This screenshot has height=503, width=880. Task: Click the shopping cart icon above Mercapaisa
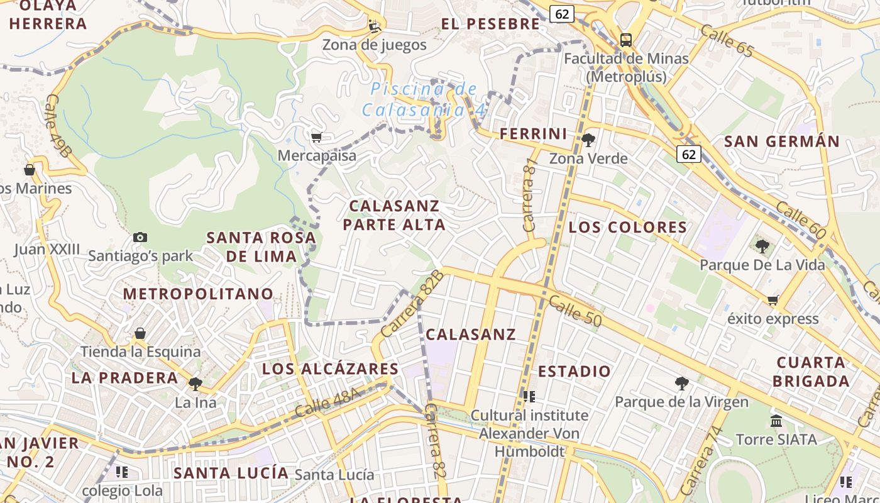pos(316,137)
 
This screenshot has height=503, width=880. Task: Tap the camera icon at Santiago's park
pos(140,237)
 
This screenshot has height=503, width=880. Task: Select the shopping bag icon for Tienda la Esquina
pos(140,333)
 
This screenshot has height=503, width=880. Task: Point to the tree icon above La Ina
pos(195,384)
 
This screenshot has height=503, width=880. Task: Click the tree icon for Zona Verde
pos(588,140)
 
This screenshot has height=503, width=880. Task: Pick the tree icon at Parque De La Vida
pos(762,246)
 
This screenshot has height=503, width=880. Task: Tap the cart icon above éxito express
pos(773,300)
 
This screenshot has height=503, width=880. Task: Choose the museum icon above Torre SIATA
pos(776,421)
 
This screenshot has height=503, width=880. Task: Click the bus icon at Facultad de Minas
pos(626,40)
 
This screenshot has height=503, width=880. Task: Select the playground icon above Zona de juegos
pos(375,26)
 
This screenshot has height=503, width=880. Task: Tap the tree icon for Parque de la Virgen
pos(681,383)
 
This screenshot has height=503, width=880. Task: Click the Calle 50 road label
pos(575,311)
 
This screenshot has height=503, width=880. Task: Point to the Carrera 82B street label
pos(412,302)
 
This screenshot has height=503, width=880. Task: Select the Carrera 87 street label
pos(530,194)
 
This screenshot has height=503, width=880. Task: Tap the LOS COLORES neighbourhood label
pos(627,227)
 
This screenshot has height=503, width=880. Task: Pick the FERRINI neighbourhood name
pos(533,133)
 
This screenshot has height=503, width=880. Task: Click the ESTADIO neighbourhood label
pos(574,371)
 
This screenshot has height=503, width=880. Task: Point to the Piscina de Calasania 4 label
pos(424,99)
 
